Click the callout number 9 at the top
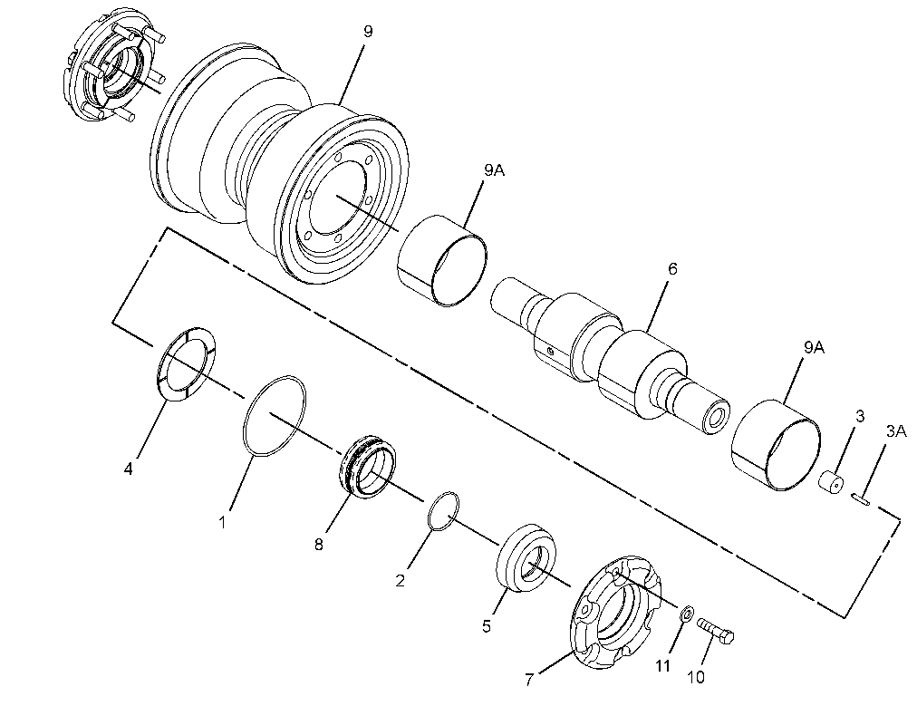pyautogui.click(x=367, y=32)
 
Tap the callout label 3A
pyautogui.click(x=895, y=431)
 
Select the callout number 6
pyautogui.click(x=672, y=269)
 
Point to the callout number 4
pyautogui.click(x=128, y=469)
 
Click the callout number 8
pyautogui.click(x=319, y=545)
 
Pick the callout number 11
pyautogui.click(x=662, y=666)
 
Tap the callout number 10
pyautogui.click(x=696, y=677)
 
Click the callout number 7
pyautogui.click(x=529, y=680)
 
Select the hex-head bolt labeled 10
pyautogui.click(x=715, y=631)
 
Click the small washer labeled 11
pyautogui.click(x=687, y=614)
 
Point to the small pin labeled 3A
pyautogui.click(x=862, y=498)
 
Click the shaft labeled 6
pyautogui.click(x=610, y=356)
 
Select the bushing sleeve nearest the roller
pyautogui.click(x=442, y=260)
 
